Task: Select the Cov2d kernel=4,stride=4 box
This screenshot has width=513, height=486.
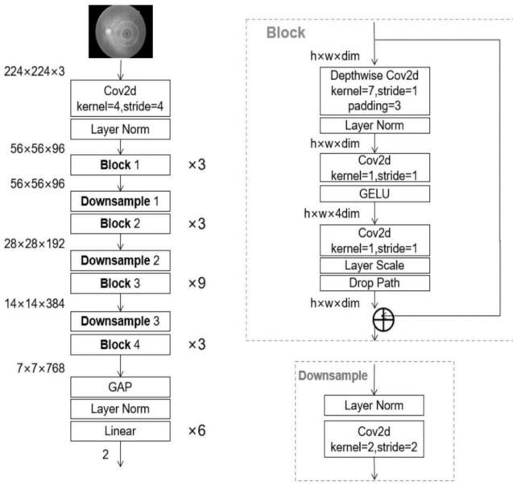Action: (x=120, y=96)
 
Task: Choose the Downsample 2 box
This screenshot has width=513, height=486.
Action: (x=120, y=260)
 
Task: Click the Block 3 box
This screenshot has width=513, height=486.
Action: (x=120, y=283)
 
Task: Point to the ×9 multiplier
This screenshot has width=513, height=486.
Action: (x=197, y=283)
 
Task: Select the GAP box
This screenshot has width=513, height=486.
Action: (x=120, y=387)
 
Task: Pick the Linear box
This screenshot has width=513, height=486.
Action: (x=120, y=431)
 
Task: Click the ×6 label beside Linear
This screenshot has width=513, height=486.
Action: (x=197, y=431)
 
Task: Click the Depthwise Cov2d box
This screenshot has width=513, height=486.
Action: (x=374, y=89)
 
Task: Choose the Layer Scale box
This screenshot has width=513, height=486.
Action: (x=374, y=264)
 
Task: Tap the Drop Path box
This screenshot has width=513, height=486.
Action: (x=374, y=283)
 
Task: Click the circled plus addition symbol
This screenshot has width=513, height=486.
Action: (x=374, y=320)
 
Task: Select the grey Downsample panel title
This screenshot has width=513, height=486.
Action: (x=333, y=375)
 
